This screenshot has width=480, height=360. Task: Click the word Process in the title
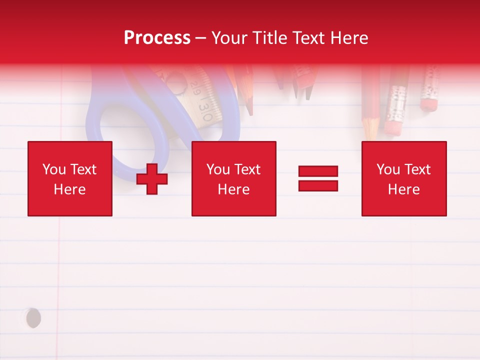coord(157,38)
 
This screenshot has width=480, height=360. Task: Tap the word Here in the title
coord(349,38)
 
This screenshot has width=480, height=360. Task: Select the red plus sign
coord(152,179)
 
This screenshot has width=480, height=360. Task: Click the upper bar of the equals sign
coord(318,171)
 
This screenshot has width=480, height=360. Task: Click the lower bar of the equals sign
coord(318,185)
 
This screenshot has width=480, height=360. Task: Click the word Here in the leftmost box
coord(70,189)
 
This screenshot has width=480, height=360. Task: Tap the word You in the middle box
coord(218,169)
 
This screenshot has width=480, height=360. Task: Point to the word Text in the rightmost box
coord(417,169)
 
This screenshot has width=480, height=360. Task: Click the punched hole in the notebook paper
coord(33,318)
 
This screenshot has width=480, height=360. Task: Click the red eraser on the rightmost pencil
coord(428,104)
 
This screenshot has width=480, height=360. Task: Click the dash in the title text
coord(200,38)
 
